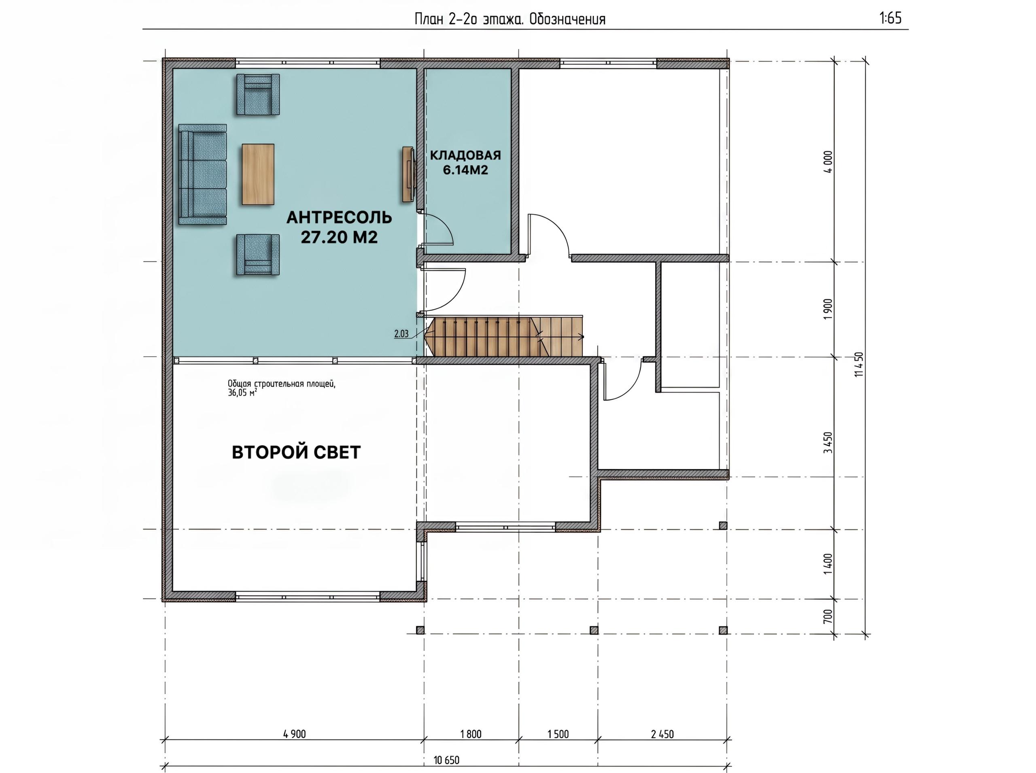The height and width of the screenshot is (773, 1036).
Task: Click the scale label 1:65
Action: tap(890, 18)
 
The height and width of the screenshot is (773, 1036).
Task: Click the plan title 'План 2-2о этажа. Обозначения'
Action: tap(510, 19)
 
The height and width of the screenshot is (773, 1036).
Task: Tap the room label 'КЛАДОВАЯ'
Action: tap(465, 155)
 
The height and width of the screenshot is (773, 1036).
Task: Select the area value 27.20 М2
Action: tap(339, 237)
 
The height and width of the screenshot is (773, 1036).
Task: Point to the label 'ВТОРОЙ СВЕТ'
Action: tap(297, 452)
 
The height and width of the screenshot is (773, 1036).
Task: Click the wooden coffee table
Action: tap(258, 174)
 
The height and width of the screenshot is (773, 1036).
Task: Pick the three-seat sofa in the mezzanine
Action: tap(203, 174)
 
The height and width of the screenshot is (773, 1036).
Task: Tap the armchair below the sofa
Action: tap(258, 255)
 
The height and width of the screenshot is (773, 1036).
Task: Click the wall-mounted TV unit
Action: tap(408, 174)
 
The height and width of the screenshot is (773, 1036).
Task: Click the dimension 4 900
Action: tap(294, 734)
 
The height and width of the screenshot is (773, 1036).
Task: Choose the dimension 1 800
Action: tap(471, 734)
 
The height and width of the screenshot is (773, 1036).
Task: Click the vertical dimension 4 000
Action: tap(828, 162)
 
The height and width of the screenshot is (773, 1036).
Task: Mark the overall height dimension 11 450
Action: tap(858, 365)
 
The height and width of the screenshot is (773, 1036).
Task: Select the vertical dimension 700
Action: tap(828, 616)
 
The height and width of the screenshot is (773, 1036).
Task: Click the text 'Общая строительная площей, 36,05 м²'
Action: tap(282, 388)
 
